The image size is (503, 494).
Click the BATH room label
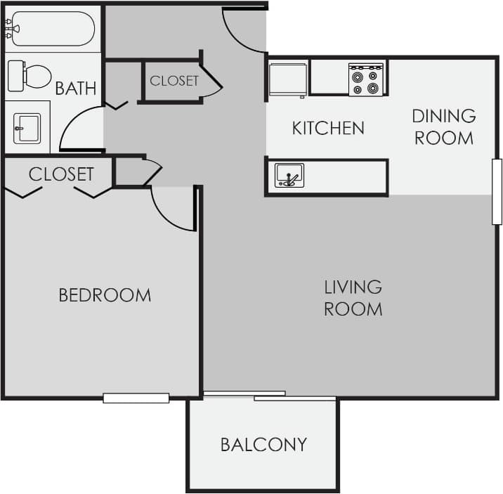[x=76, y=89]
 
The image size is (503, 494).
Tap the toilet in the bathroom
[x=30, y=76]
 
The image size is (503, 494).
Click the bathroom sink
[x=27, y=129]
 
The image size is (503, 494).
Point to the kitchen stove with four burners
[x=367, y=79]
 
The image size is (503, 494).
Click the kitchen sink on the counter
[x=289, y=176]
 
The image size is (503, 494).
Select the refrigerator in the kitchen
[x=288, y=79]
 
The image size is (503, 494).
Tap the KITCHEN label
[x=328, y=128]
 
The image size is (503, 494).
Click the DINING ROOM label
[x=443, y=126]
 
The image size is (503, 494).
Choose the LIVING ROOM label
[x=353, y=297]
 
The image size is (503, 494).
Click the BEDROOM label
[x=105, y=295]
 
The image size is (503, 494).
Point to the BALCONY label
[x=263, y=444]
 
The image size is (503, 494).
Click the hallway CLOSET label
[x=174, y=81]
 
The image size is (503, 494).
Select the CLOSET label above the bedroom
[x=61, y=174]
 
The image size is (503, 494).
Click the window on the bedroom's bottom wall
[x=136, y=398]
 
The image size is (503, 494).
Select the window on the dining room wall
[x=497, y=191]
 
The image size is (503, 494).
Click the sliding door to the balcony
[x=270, y=396]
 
